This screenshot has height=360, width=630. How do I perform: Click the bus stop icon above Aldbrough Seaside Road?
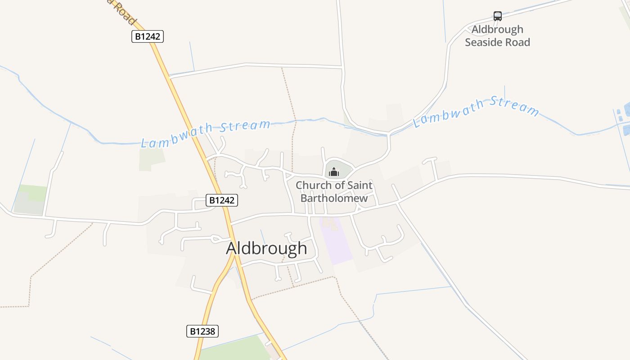tap(497, 16)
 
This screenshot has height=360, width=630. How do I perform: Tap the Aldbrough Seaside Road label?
tap(497, 36)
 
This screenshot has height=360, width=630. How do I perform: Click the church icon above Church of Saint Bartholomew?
tap(333, 172)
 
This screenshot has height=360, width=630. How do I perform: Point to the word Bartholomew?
tap(334, 198)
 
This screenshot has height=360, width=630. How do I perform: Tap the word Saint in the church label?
tap(360, 185)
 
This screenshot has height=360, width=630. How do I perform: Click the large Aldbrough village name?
tap(266, 248)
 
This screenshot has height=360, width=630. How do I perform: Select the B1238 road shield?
tap(202, 331)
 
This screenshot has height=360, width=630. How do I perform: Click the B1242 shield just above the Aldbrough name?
tap(221, 200)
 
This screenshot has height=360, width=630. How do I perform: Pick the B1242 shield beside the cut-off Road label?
tap(147, 36)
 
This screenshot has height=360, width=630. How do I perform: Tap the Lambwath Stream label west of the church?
tap(206, 133)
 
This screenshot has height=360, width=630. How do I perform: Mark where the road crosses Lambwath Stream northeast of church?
tap(388, 133)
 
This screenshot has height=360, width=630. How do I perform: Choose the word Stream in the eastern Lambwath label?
tap(514, 106)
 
